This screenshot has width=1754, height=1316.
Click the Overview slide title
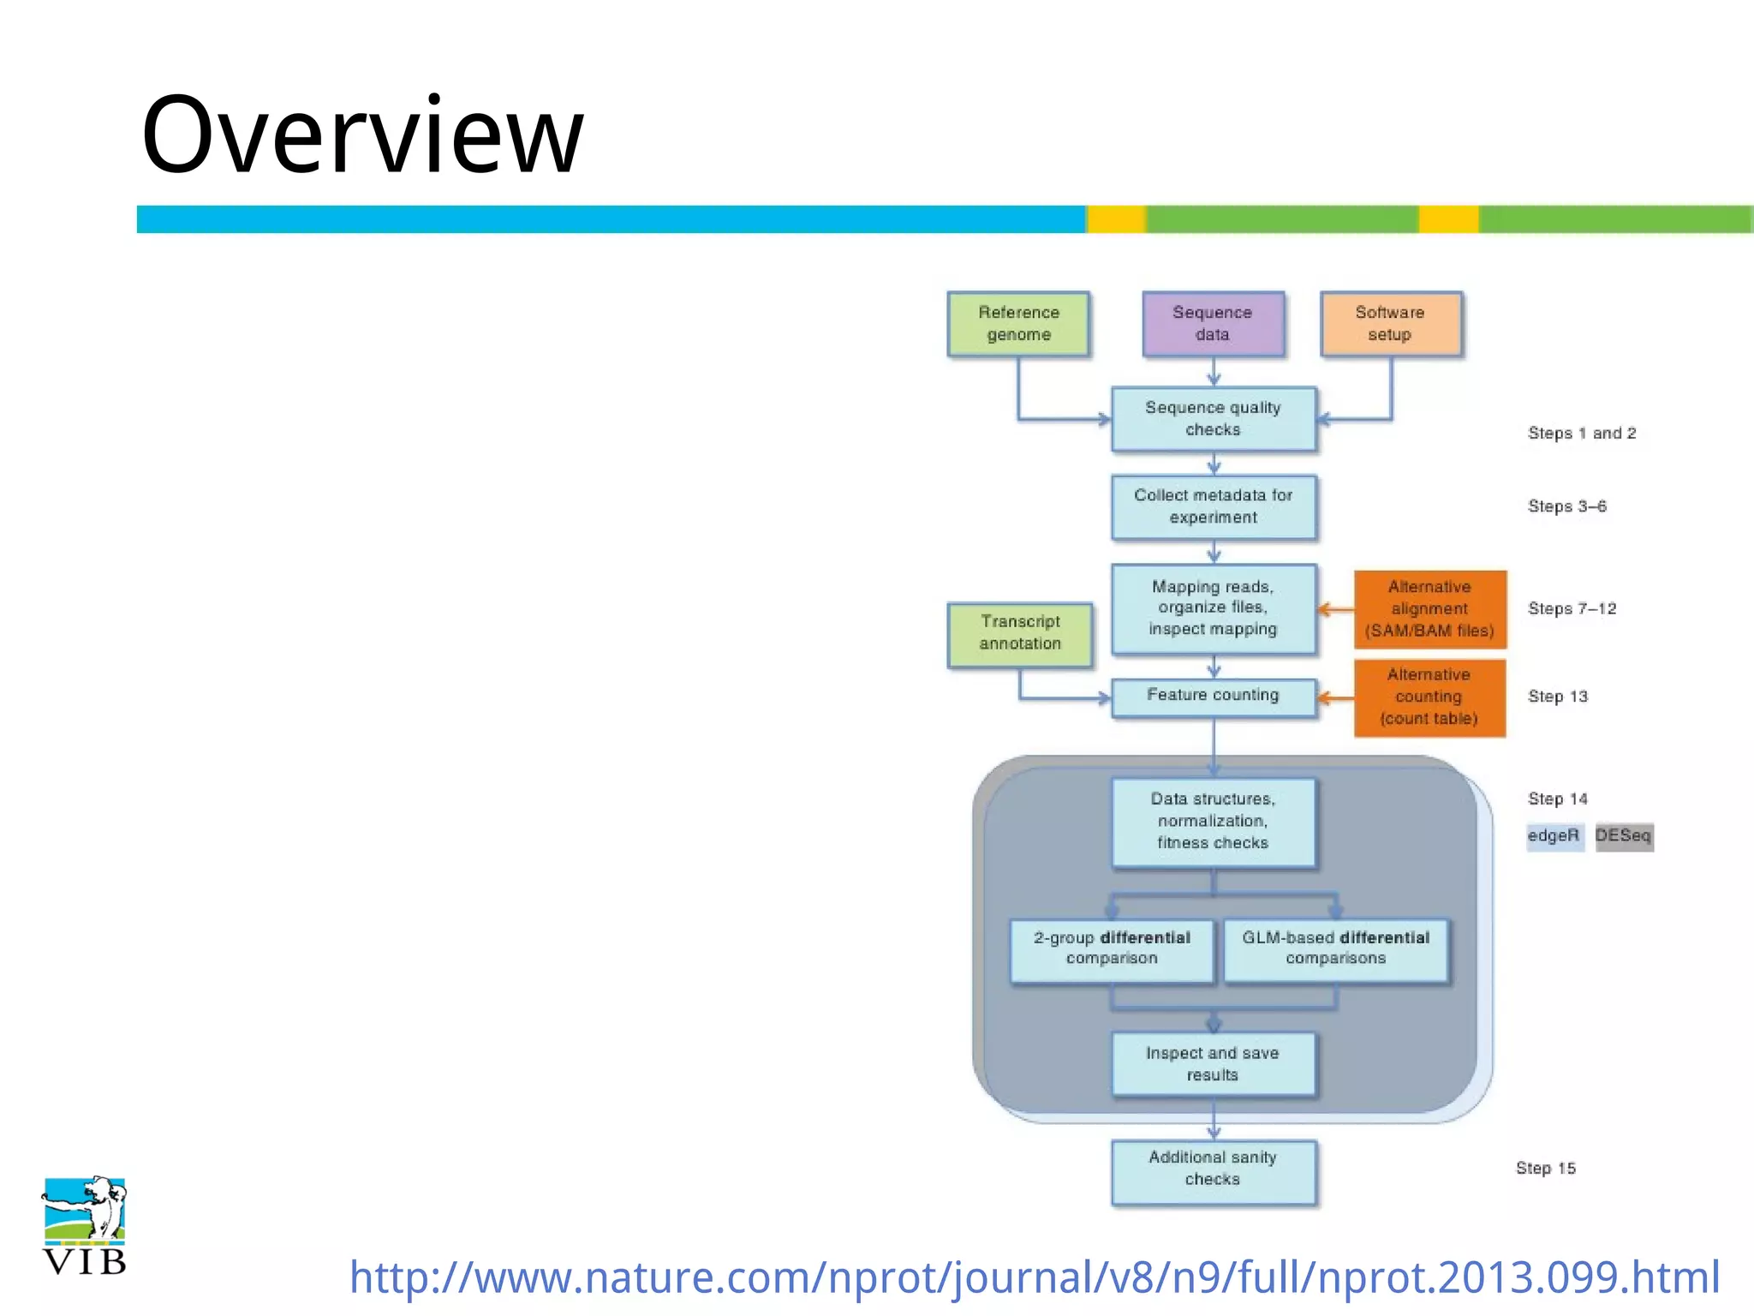point(362,135)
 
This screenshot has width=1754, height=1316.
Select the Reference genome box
point(1018,324)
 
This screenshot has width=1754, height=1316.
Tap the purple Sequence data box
point(1213,324)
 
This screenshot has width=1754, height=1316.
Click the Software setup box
point(1390,324)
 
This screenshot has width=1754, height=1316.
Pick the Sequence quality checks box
point(1213,419)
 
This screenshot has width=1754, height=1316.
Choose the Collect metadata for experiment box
point(1213,506)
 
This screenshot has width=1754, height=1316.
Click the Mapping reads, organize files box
point(1213,608)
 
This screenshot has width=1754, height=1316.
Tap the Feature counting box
point(1213,696)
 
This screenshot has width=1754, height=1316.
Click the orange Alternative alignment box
point(1429,609)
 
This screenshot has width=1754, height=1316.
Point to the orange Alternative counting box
point(1429,697)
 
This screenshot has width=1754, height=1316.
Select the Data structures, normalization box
point(1213,822)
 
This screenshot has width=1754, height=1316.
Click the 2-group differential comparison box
point(1112,948)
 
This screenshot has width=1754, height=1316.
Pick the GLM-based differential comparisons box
point(1335,948)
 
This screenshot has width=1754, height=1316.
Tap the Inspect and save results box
point(1213,1063)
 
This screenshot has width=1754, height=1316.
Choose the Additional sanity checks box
point(1213,1169)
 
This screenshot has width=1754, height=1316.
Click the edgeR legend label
point(1554,835)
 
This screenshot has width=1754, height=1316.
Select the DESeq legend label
point(1623,835)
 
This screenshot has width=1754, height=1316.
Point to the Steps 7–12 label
point(1572,609)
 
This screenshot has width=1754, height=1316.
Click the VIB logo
point(85,1224)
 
